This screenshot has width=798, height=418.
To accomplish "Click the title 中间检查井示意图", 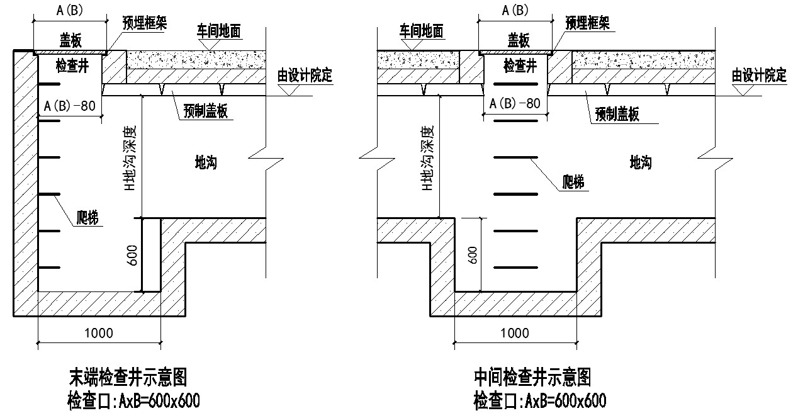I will [532, 378].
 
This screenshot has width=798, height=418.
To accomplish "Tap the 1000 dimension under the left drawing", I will [99, 333].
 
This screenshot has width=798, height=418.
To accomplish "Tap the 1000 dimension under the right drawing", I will [514, 333].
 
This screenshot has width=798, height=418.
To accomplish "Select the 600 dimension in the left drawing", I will [133, 256].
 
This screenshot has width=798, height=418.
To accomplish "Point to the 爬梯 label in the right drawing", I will [572, 183].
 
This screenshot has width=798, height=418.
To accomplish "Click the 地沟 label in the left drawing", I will [206, 163].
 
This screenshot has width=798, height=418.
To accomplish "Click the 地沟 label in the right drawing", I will [640, 163].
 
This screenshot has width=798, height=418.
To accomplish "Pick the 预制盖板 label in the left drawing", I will [205, 111].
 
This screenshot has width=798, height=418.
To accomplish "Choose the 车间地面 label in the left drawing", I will [219, 31].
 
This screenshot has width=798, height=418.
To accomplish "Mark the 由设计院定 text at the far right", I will [759, 76].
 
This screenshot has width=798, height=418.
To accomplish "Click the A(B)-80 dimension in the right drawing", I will [514, 103].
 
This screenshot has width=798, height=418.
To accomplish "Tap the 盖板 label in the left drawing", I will [70, 41].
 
